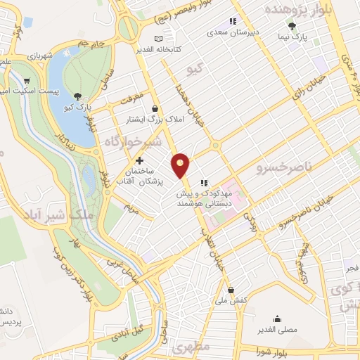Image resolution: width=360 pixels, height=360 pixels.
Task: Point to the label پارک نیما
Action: (x=301, y=33)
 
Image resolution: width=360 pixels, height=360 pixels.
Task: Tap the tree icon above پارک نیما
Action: (x=292, y=25)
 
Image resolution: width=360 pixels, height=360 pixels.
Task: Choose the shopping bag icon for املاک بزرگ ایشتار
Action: (x=155, y=108)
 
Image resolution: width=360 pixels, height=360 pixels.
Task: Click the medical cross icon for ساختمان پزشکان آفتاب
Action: (x=139, y=160)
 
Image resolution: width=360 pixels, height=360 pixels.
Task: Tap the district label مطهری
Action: (x=191, y=349)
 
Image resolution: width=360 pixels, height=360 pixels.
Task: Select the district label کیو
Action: (x=193, y=70)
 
